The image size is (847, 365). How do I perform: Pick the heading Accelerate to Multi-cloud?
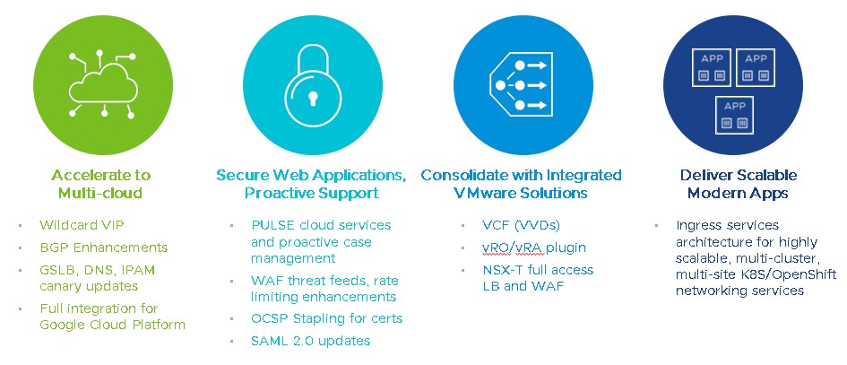tap(100, 184)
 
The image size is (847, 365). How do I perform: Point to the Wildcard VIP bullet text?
tap(78, 224)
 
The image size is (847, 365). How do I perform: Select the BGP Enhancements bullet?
tap(103, 247)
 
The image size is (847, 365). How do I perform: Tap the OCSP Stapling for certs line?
tap(327, 318)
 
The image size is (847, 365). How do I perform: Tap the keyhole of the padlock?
tap(310, 96)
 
